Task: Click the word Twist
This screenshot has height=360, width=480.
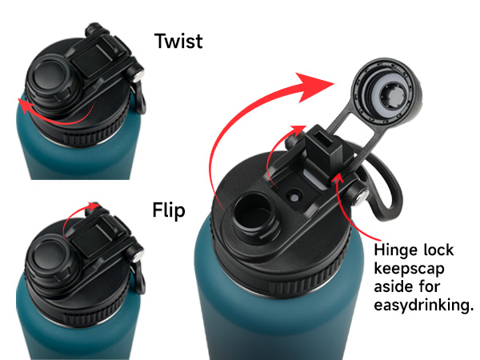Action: (178, 41)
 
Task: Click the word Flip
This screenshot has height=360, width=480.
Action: (169, 210)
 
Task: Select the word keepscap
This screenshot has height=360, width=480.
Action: (409, 270)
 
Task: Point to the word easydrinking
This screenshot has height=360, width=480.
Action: (424, 306)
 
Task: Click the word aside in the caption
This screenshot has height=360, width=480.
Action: (393, 287)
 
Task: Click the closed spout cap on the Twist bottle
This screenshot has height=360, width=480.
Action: (49, 80)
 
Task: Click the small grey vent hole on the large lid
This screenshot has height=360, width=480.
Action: (294, 198)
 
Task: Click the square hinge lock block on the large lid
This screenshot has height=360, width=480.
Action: (323, 145)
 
